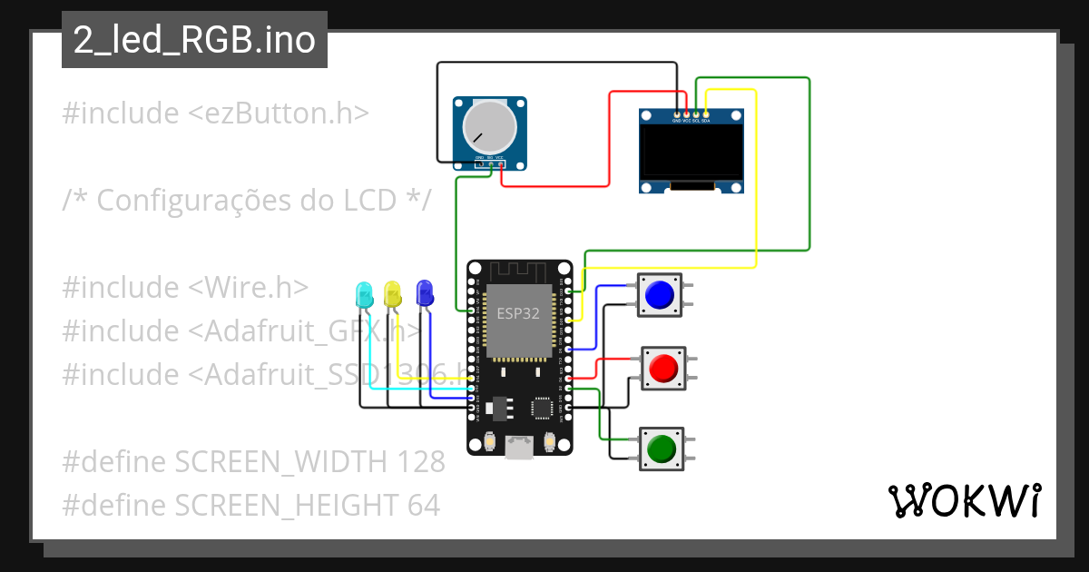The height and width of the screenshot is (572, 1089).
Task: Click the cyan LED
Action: (x=364, y=294)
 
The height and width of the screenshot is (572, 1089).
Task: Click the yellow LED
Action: (x=393, y=293)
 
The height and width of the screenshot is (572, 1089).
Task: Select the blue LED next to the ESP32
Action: (x=424, y=292)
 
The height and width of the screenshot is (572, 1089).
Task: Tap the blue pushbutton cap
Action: (x=659, y=294)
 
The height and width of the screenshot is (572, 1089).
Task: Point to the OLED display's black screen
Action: (x=692, y=153)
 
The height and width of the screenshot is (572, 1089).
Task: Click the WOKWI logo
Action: (x=964, y=500)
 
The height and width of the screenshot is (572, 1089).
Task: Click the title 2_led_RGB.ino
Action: (x=194, y=41)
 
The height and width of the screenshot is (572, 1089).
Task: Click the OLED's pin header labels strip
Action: (x=692, y=120)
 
